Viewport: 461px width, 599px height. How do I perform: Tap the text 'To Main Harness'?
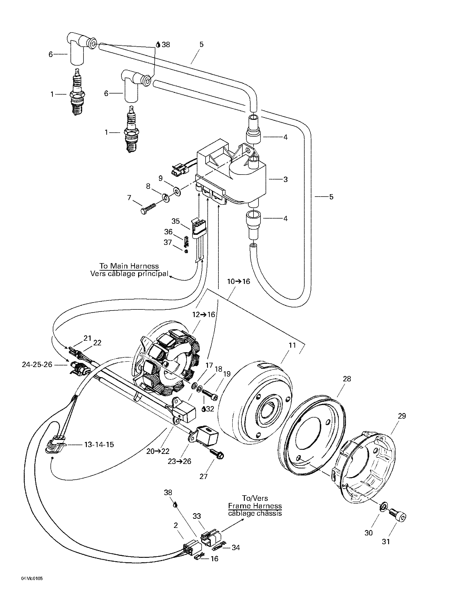point(129,266)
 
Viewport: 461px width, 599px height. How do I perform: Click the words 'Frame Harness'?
point(255,506)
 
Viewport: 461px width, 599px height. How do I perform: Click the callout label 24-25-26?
point(37,365)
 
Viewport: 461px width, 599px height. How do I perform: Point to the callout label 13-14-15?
point(99,444)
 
